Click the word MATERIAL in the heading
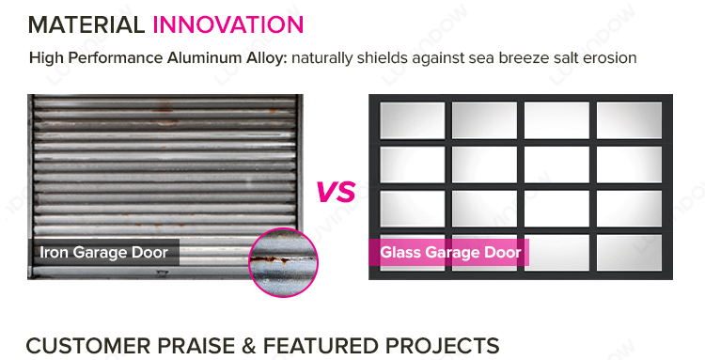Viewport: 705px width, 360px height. coord(86,24)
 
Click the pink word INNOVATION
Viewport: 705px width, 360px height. coord(228,24)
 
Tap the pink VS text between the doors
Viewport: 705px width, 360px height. coord(336,192)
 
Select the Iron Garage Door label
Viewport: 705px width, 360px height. coord(103,252)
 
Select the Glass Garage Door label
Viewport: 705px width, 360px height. coord(450,252)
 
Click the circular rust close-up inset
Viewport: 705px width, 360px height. coord(283,262)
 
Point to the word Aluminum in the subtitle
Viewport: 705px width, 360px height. coord(200,58)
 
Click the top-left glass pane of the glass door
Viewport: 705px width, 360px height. coord(413,120)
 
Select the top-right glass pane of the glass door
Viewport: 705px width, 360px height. coord(629,120)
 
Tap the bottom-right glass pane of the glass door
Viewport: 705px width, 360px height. coord(629,253)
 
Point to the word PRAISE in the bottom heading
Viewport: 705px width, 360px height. coord(196,346)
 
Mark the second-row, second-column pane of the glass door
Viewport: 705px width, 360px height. coord(485,164)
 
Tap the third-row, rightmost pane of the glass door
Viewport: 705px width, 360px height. coord(629,209)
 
